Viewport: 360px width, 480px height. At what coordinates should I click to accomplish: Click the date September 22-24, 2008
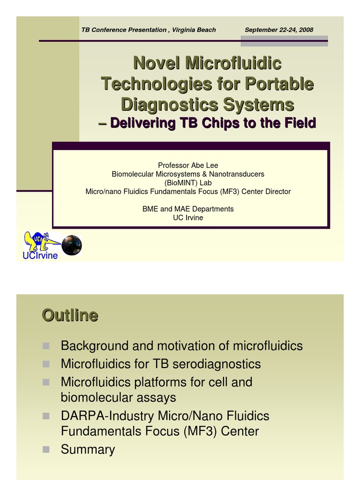279,30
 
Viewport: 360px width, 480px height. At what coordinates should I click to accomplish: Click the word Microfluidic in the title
233,63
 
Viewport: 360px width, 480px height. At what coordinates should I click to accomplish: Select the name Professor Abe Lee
188,165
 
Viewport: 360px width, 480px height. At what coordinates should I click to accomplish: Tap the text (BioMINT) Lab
188,183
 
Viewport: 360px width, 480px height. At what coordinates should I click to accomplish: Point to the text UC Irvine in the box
188,217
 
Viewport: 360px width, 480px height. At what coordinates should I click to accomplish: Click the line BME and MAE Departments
188,209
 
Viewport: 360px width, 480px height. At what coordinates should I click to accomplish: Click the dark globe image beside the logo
72,245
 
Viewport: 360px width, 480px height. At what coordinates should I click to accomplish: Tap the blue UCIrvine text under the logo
40,256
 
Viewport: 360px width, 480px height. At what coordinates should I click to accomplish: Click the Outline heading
70,315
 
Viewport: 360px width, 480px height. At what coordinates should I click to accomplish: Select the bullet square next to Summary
46,449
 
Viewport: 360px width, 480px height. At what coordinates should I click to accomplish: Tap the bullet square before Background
46,346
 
